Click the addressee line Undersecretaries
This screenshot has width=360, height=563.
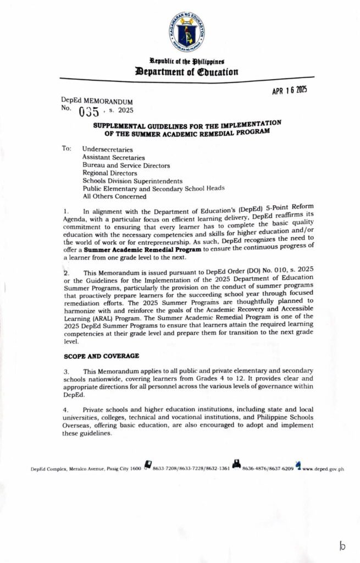pos(107,149)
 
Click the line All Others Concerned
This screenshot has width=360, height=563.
pos(114,196)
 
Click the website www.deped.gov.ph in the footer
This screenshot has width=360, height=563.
pos(323,470)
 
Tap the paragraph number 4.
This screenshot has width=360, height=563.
pos(65,410)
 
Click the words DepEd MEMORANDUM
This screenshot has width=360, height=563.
pos(97,102)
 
